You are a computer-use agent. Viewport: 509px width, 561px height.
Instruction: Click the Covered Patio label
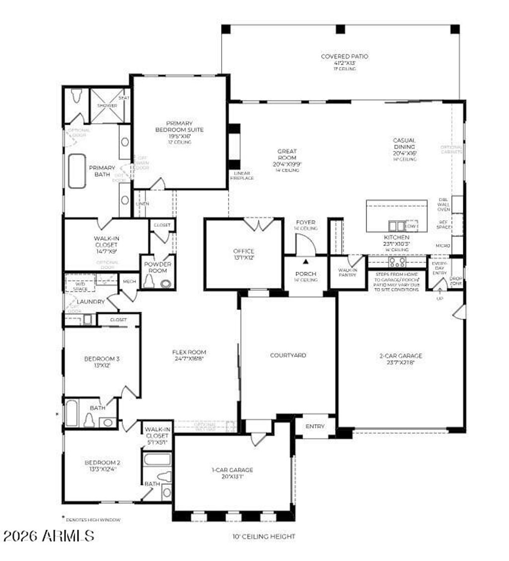click(x=344, y=62)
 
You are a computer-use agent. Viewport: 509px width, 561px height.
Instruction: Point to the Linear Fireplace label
click(x=242, y=175)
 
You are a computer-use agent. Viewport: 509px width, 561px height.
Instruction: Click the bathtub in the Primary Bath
click(x=77, y=171)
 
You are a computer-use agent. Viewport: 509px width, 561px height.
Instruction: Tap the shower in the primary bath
click(x=107, y=105)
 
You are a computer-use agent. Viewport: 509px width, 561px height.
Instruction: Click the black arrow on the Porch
click(x=306, y=260)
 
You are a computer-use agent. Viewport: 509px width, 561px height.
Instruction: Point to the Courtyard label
click(x=288, y=355)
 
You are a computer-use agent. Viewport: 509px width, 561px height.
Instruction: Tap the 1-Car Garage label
click(x=233, y=473)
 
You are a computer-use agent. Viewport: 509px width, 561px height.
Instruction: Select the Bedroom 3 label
click(x=101, y=361)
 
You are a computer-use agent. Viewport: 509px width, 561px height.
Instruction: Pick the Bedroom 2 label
click(x=102, y=466)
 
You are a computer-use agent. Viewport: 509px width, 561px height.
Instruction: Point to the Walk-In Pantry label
click(x=348, y=273)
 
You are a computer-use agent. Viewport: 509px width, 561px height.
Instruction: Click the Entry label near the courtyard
click(x=315, y=426)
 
